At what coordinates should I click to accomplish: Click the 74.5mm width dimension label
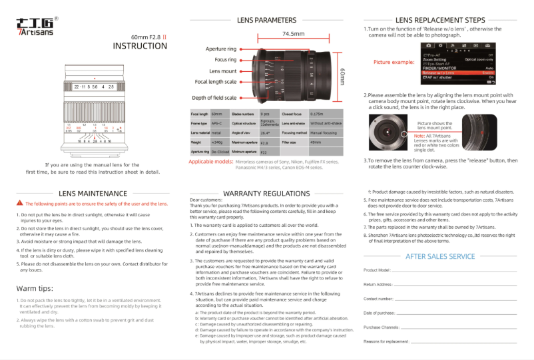click(x=293, y=33)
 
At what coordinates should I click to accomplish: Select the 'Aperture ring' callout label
click(x=221, y=49)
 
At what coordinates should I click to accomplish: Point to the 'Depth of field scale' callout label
click(x=214, y=98)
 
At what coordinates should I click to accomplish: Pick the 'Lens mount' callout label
click(x=223, y=71)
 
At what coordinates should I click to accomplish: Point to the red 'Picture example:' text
click(x=394, y=62)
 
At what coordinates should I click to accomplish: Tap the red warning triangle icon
click(x=20, y=204)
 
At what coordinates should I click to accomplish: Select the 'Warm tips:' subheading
click(x=35, y=288)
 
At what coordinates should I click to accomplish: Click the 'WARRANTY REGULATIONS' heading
click(x=266, y=194)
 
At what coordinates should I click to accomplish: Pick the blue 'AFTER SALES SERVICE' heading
click(x=440, y=256)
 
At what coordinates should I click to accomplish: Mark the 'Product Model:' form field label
click(x=377, y=270)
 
